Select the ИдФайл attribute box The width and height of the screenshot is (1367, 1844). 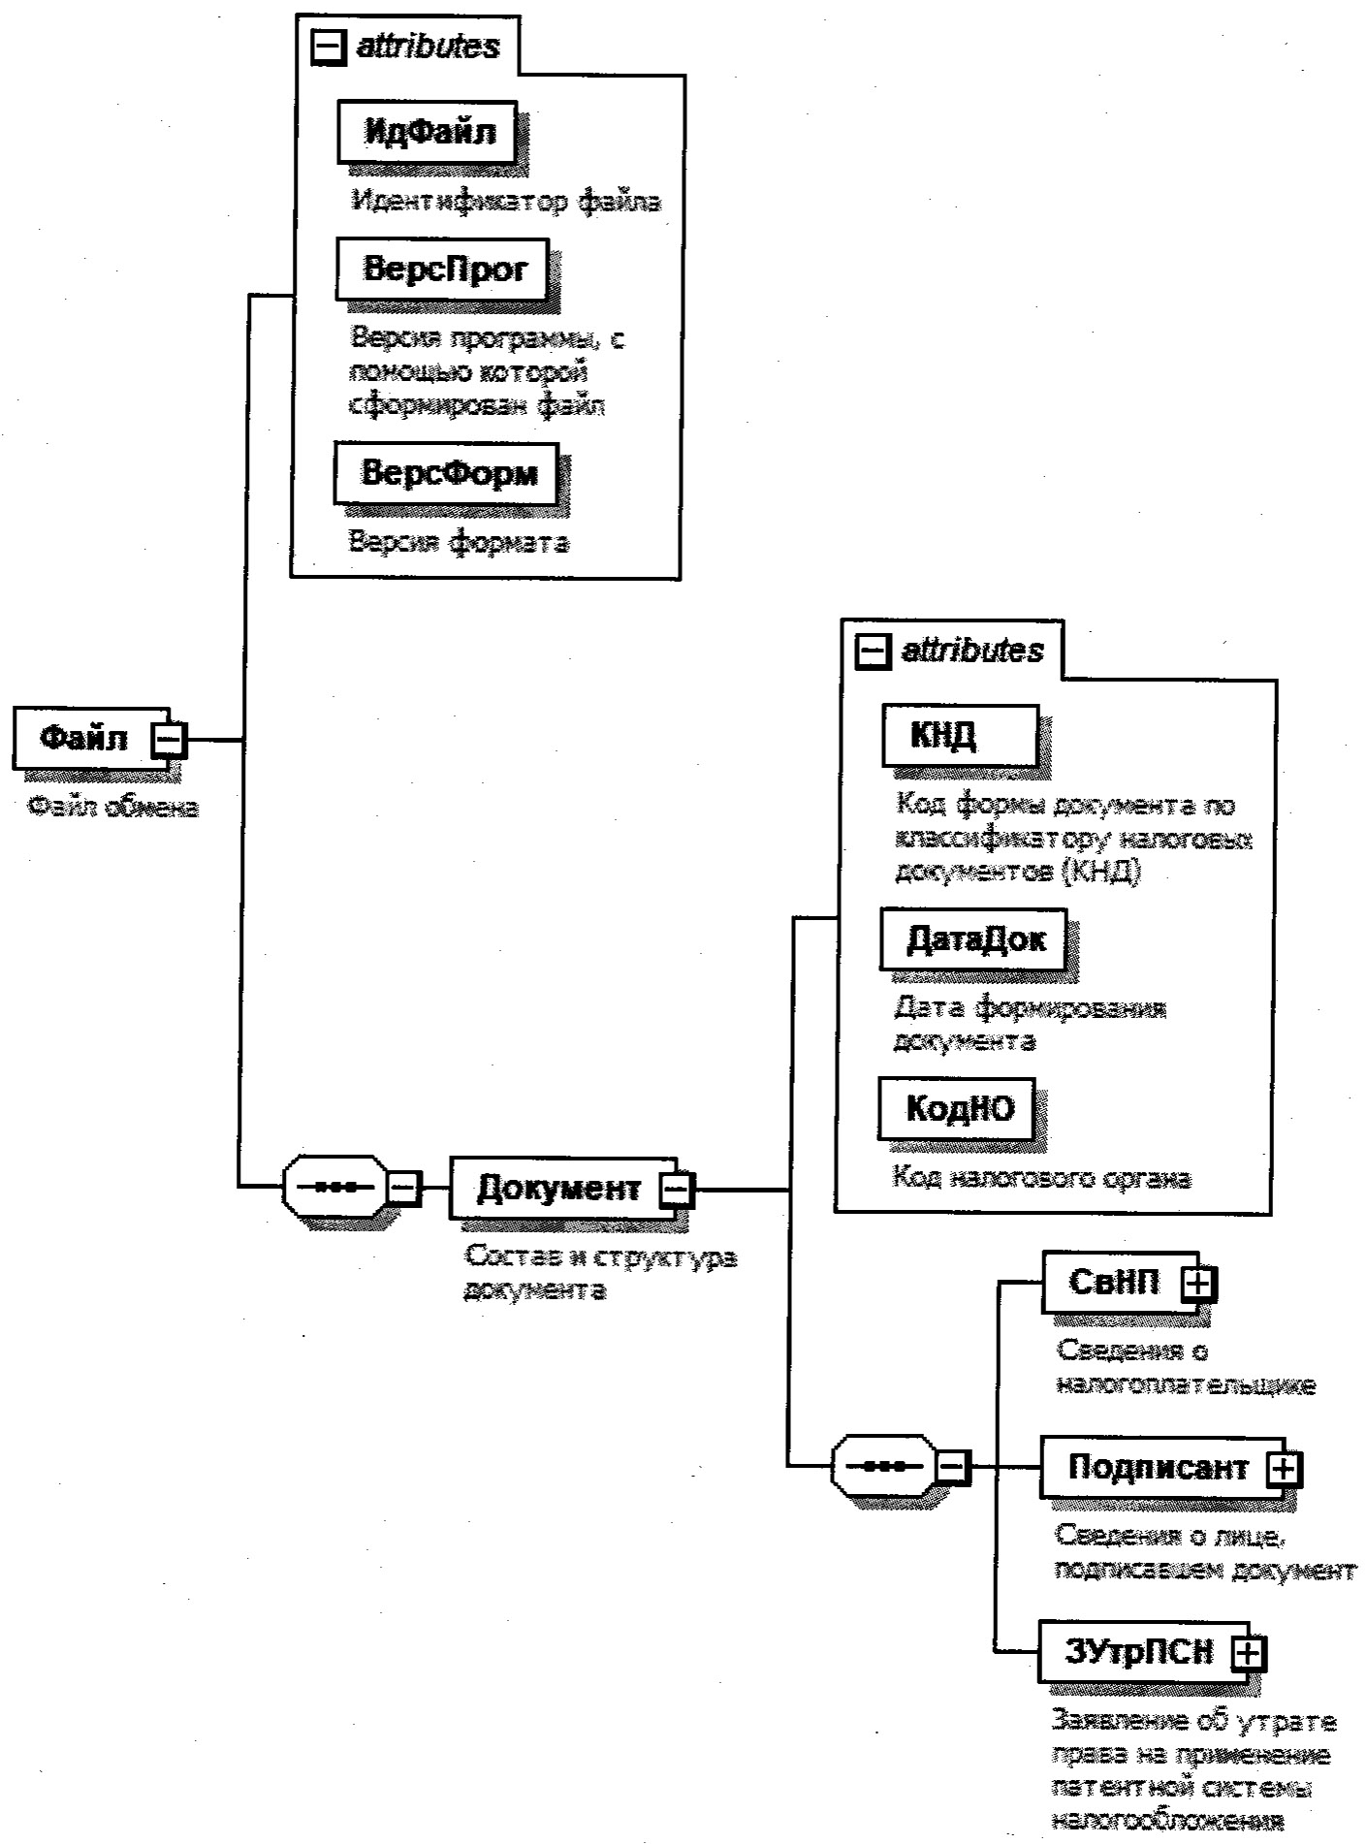(428, 132)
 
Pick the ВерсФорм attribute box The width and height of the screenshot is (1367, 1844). (447, 473)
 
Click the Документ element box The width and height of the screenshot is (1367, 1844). (558, 1188)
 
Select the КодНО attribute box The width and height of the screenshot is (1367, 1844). (959, 1107)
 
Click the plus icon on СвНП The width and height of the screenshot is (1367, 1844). (1199, 1284)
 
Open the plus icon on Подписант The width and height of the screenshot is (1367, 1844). (1284, 1469)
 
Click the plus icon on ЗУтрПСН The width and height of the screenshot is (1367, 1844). (1249, 1653)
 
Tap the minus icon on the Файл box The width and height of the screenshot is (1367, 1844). (169, 740)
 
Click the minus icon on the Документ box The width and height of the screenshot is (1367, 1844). (677, 1189)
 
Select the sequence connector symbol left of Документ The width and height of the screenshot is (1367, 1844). (334, 1186)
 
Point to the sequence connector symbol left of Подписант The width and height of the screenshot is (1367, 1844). (883, 1466)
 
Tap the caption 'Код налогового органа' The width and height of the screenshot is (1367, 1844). (1041, 1177)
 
